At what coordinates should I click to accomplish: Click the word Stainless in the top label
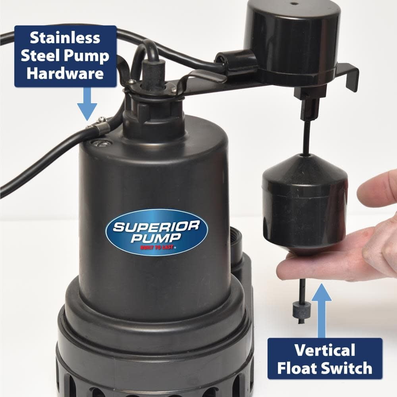click(65, 38)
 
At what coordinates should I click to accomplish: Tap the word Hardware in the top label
click(65, 73)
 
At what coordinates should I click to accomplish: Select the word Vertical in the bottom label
click(325, 350)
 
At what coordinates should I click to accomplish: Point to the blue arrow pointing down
click(87, 104)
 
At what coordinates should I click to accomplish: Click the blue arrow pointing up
click(322, 311)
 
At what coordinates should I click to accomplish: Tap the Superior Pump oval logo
click(156, 232)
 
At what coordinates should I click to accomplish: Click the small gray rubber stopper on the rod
click(298, 311)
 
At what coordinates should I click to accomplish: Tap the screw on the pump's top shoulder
click(100, 144)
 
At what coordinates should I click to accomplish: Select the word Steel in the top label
click(40, 56)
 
